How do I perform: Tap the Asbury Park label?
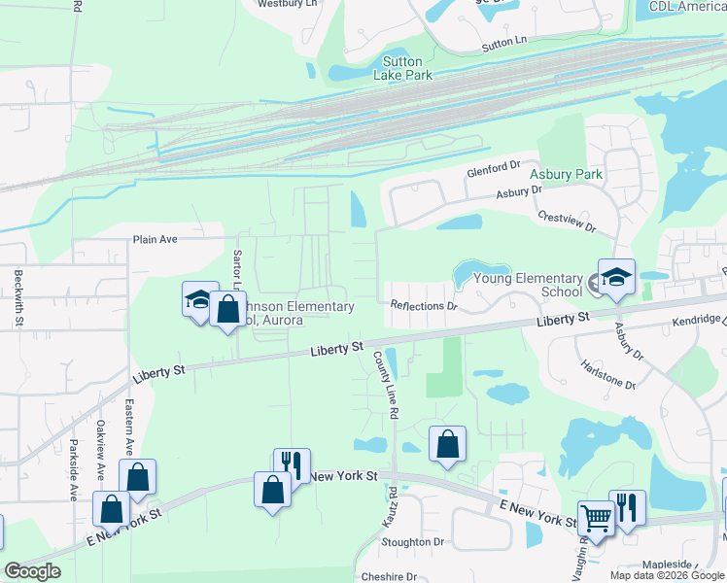567,175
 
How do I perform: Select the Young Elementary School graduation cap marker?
616,278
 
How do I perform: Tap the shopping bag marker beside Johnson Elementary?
227,310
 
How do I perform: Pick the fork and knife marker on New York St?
292,465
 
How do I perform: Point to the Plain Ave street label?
155,239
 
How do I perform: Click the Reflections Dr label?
424,306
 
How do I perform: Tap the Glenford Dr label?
495,168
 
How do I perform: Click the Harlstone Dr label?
609,377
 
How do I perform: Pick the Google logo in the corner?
32,571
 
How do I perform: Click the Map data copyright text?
668,575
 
